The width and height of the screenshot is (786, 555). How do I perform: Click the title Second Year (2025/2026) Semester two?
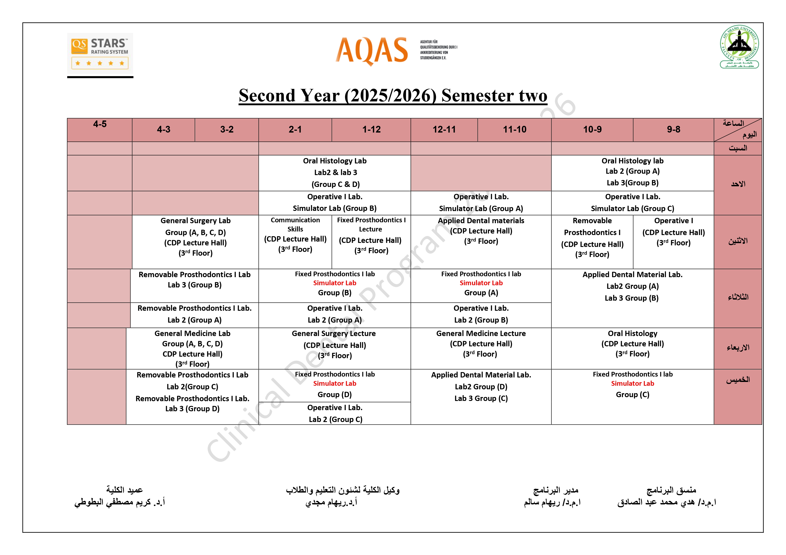click(x=393, y=95)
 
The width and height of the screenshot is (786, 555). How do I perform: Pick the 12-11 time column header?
click(x=444, y=130)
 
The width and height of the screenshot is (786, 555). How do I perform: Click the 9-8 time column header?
click(x=673, y=130)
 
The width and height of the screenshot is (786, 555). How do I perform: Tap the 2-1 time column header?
click(x=295, y=130)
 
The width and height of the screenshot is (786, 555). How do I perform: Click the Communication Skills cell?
click(x=295, y=235)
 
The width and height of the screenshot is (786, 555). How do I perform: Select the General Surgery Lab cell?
click(x=196, y=237)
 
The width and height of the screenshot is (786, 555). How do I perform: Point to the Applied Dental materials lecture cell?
click(x=481, y=231)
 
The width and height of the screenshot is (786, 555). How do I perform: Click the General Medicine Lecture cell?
click(x=481, y=344)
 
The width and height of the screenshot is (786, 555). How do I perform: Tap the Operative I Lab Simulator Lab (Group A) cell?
click(x=481, y=203)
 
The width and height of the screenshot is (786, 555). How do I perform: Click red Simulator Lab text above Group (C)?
click(x=632, y=384)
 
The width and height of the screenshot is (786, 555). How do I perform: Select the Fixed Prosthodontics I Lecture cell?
click(x=371, y=236)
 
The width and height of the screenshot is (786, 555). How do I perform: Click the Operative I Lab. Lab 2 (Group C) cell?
click(x=335, y=413)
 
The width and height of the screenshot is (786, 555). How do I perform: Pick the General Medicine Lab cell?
click(x=192, y=348)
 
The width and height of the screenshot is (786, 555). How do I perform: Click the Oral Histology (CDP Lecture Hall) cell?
click(x=632, y=344)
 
